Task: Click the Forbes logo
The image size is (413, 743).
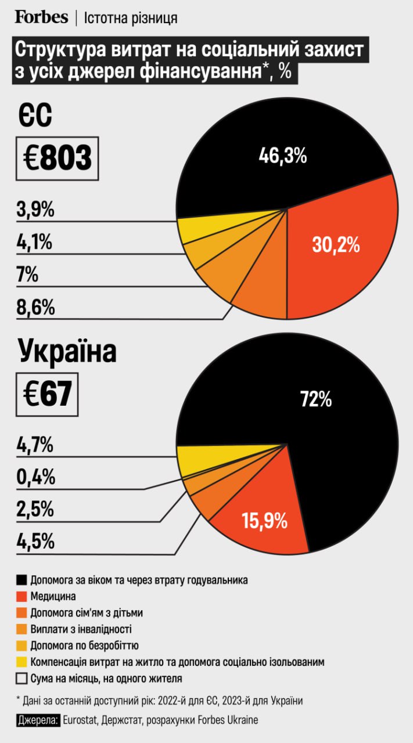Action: click(41, 17)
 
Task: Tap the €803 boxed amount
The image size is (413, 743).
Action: click(57, 158)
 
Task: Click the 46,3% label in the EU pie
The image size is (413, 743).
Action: click(282, 156)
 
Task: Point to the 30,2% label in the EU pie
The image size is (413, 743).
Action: click(336, 245)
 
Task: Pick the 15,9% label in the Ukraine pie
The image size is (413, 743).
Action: click(265, 520)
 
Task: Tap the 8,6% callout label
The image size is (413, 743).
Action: click(35, 308)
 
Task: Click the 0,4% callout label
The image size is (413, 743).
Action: click(35, 478)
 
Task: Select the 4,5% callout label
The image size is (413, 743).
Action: click(35, 542)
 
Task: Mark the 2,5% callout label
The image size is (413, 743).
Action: click(35, 510)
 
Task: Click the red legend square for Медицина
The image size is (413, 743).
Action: click(22, 596)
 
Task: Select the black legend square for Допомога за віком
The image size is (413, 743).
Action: click(22, 580)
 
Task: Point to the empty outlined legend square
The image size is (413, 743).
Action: click(22, 678)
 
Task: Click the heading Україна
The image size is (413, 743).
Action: click(67, 352)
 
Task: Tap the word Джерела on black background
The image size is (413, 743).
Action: click(38, 720)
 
